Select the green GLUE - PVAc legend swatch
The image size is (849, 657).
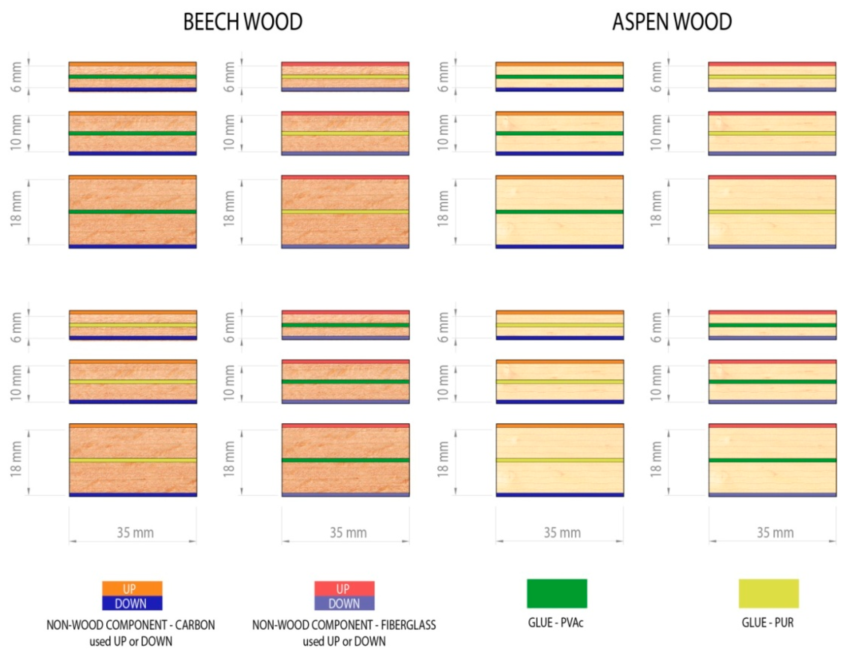click(x=557, y=593)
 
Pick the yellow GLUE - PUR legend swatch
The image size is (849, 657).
click(x=768, y=593)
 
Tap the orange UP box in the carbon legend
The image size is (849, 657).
click(x=132, y=588)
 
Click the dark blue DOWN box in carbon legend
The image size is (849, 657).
click(x=132, y=603)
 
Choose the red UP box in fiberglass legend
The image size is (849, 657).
click(x=344, y=588)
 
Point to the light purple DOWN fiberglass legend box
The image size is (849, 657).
click(x=344, y=603)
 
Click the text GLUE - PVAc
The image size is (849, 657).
click(x=556, y=623)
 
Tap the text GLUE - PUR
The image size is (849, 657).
click(x=767, y=623)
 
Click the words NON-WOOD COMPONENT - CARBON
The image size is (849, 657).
click(x=131, y=625)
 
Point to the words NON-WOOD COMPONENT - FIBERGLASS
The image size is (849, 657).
click(x=344, y=625)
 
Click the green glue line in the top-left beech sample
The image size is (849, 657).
click(x=133, y=77)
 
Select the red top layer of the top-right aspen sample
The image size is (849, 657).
click(x=772, y=64)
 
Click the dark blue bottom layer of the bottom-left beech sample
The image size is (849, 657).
click(x=133, y=495)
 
